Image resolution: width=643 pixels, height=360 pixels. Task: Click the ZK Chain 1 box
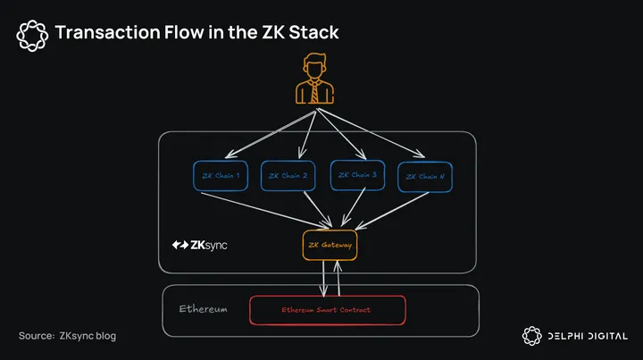(220, 176)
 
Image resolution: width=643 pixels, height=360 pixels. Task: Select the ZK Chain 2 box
(288, 176)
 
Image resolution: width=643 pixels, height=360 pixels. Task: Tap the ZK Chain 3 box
(357, 175)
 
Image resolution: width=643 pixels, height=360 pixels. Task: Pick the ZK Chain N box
(425, 177)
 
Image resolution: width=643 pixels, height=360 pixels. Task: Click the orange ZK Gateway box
(330, 245)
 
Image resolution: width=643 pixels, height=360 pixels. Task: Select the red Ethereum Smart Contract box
(327, 310)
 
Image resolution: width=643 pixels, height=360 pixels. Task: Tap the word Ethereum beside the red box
(203, 309)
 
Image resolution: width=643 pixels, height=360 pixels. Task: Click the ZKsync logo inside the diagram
(199, 245)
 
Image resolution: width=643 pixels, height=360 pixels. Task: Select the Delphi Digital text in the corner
(587, 336)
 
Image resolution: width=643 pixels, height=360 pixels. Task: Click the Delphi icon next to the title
(32, 34)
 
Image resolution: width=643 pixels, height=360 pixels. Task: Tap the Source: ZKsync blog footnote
(67, 336)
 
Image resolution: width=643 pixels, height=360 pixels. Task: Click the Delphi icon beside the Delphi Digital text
(531, 336)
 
